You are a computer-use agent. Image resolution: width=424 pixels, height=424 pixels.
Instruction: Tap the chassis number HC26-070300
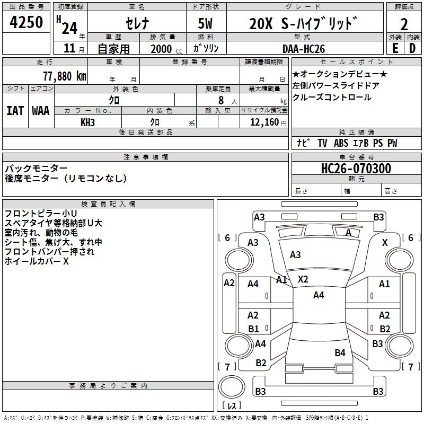point(356,169)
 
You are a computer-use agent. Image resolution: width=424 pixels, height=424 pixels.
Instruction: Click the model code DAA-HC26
point(312,48)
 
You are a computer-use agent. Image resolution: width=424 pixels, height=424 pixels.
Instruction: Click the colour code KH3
point(87,122)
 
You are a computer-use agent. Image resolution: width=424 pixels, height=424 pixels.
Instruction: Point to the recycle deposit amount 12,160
point(263,122)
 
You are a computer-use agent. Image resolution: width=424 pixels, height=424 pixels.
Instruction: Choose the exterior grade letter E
point(395,48)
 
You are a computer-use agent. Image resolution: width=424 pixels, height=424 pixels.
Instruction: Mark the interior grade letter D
point(412,48)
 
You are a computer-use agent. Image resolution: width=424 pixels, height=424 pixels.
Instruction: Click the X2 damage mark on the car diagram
point(303,279)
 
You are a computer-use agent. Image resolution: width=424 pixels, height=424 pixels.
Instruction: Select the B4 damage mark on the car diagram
point(340,352)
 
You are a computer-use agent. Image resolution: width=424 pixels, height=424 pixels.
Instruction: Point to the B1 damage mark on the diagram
point(253,329)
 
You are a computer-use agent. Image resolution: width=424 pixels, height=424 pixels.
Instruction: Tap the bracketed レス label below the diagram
point(232,407)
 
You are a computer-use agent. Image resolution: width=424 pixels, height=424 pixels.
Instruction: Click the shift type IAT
point(15,111)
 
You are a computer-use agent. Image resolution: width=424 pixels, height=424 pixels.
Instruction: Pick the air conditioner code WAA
point(41,111)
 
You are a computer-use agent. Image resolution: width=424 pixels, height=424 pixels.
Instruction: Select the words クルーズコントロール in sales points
point(332,98)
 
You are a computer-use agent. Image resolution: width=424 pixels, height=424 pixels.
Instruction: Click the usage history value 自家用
point(114,49)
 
